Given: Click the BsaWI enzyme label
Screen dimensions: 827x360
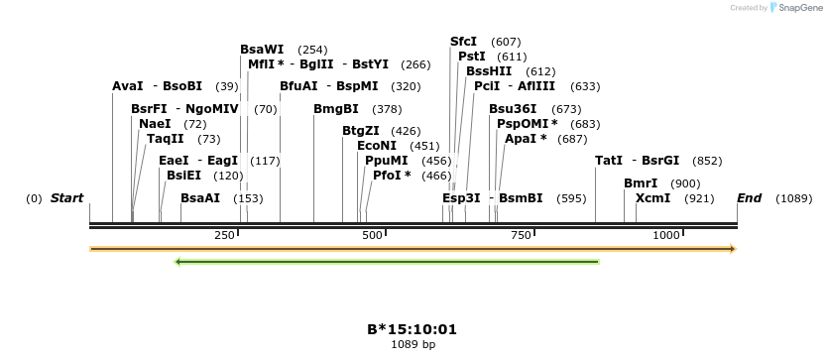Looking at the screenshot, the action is [262, 49].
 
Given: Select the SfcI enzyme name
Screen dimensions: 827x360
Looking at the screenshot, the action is [464, 41].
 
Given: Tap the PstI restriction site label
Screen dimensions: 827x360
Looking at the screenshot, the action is [472, 57].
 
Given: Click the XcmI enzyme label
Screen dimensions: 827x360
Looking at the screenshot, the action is [652, 198].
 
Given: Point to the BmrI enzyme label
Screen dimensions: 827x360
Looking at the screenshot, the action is [641, 183].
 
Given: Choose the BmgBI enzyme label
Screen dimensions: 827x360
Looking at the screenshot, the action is [335, 109].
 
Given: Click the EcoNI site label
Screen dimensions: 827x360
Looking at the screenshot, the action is [377, 145].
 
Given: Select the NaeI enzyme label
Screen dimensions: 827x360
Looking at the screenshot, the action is [155, 124].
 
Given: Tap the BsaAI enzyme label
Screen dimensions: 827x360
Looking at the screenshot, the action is [200, 198].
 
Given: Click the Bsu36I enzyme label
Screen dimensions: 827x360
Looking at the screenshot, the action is [513, 109].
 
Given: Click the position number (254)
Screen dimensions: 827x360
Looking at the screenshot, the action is [312, 50].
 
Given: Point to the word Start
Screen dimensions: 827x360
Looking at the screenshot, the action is [67, 198].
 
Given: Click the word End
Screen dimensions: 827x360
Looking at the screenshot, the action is [749, 198].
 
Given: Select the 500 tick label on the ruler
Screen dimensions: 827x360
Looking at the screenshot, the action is [372, 234].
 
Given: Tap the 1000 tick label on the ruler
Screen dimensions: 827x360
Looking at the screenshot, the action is [666, 234].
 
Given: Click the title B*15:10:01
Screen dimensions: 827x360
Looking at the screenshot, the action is [412, 329].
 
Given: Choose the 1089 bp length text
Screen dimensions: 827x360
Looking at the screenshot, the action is [412, 345].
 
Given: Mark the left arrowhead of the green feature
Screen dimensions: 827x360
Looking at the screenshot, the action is [177, 262].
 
